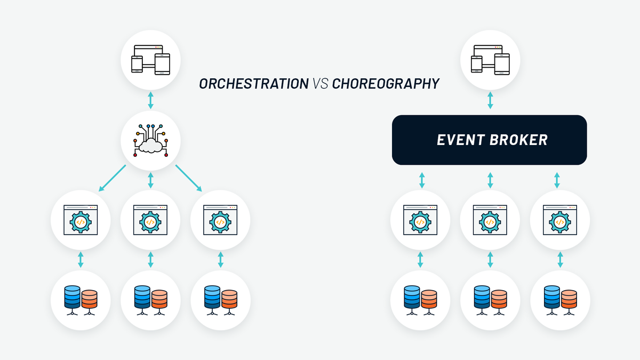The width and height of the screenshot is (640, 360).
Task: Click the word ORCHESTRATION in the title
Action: tap(254, 84)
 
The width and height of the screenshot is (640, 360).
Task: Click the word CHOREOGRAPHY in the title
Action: tap(386, 84)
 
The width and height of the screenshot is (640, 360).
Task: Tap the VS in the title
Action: tap(320, 84)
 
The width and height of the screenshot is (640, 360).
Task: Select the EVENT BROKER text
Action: tap(492, 140)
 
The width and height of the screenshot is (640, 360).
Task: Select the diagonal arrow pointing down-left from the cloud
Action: tap(112, 179)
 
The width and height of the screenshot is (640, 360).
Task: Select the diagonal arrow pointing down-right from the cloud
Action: tap(189, 179)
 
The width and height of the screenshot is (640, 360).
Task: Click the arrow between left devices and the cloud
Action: tap(150, 100)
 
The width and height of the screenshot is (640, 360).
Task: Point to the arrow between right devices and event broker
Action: tap(490, 100)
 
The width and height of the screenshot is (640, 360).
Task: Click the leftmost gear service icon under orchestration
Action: tap(81, 220)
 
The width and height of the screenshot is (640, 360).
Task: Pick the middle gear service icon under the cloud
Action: tap(150, 220)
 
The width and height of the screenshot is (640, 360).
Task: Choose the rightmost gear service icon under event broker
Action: tap(560, 220)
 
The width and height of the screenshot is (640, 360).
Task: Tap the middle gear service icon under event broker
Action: tap(490, 220)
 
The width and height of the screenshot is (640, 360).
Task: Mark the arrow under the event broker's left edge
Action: tap(422, 180)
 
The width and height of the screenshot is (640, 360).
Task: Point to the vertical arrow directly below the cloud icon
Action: tap(150, 180)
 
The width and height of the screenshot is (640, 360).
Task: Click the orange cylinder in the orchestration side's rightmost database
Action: tap(229, 298)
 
